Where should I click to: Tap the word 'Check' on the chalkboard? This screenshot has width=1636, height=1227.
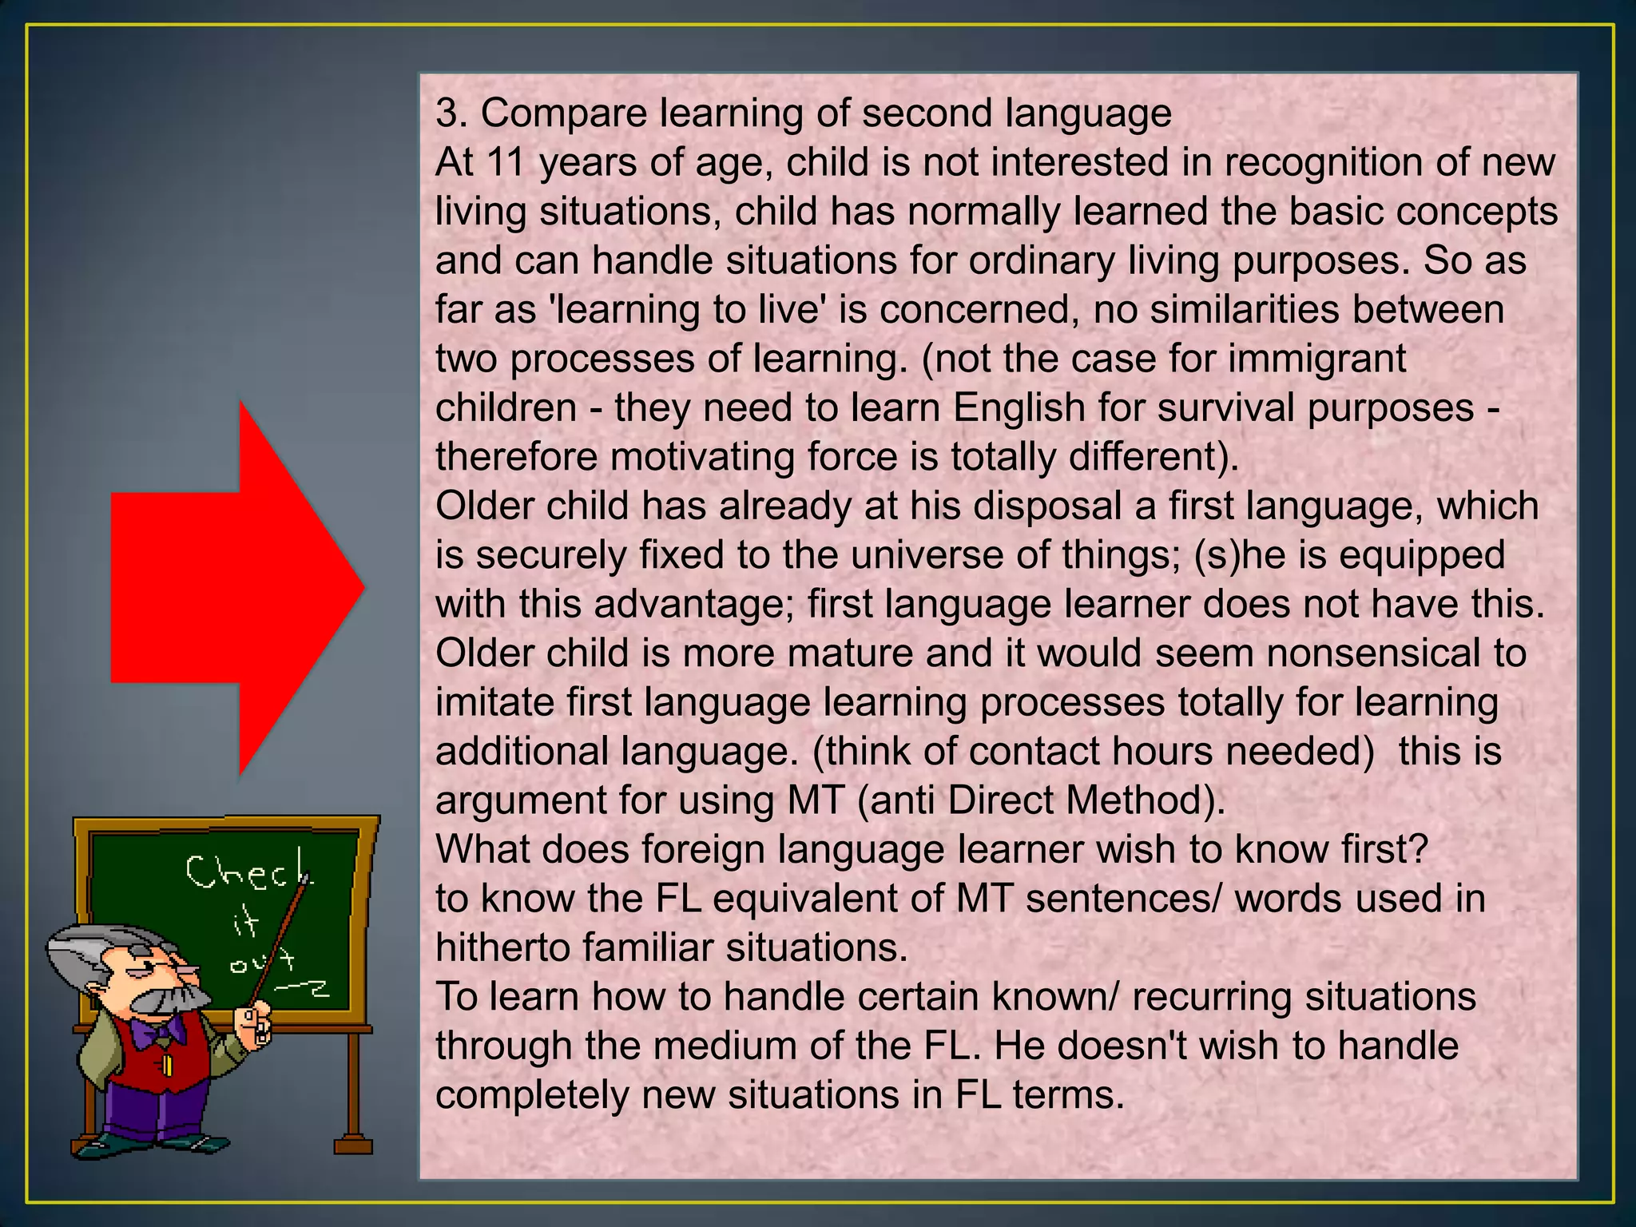coord(248,872)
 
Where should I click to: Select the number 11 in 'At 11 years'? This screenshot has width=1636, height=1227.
coord(505,162)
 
